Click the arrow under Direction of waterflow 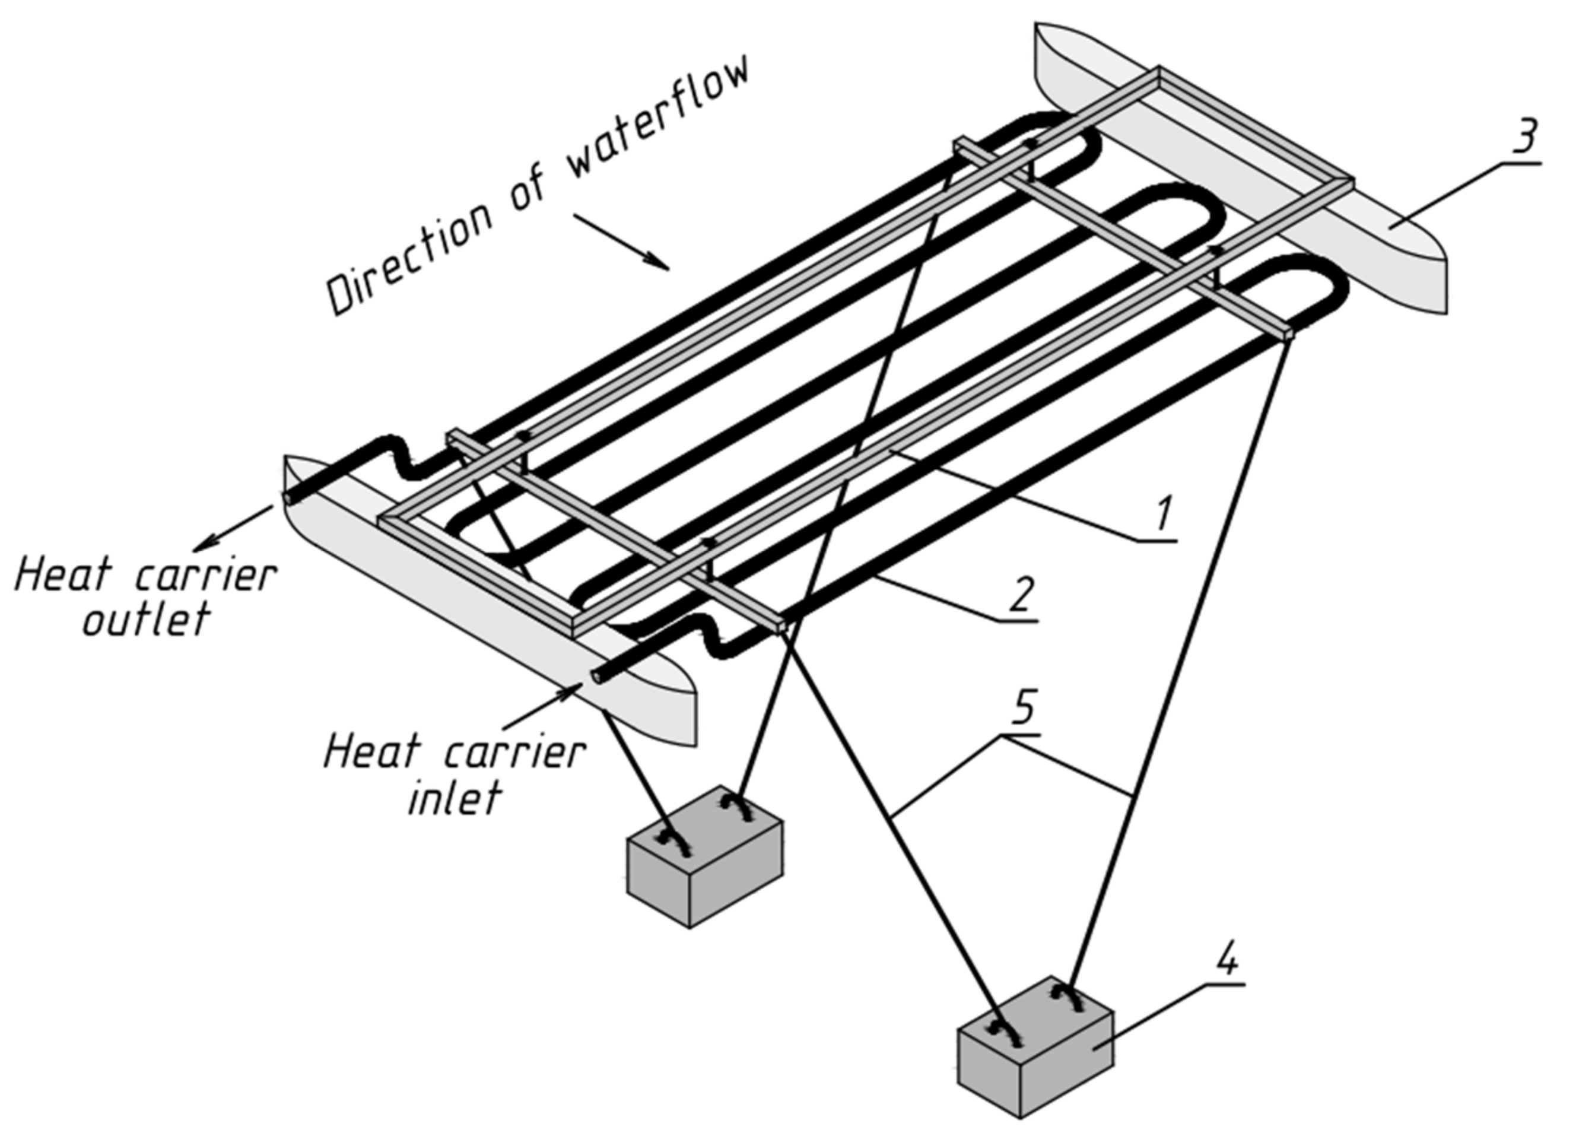621,241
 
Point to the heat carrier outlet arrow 232,528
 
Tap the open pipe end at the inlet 596,674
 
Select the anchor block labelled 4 1035,1049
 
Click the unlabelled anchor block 704,858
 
